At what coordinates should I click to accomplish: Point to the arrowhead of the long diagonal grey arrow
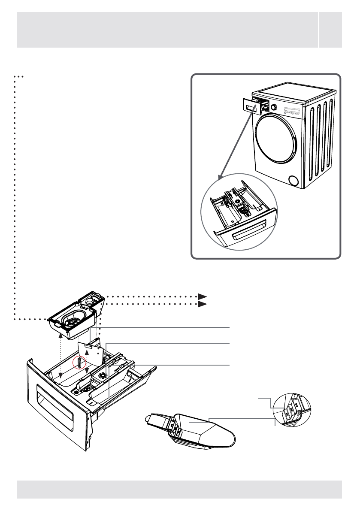[x=220, y=177]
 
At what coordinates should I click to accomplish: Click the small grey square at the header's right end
[x=330, y=30]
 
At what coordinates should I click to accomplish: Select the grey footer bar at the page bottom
[x=179, y=490]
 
